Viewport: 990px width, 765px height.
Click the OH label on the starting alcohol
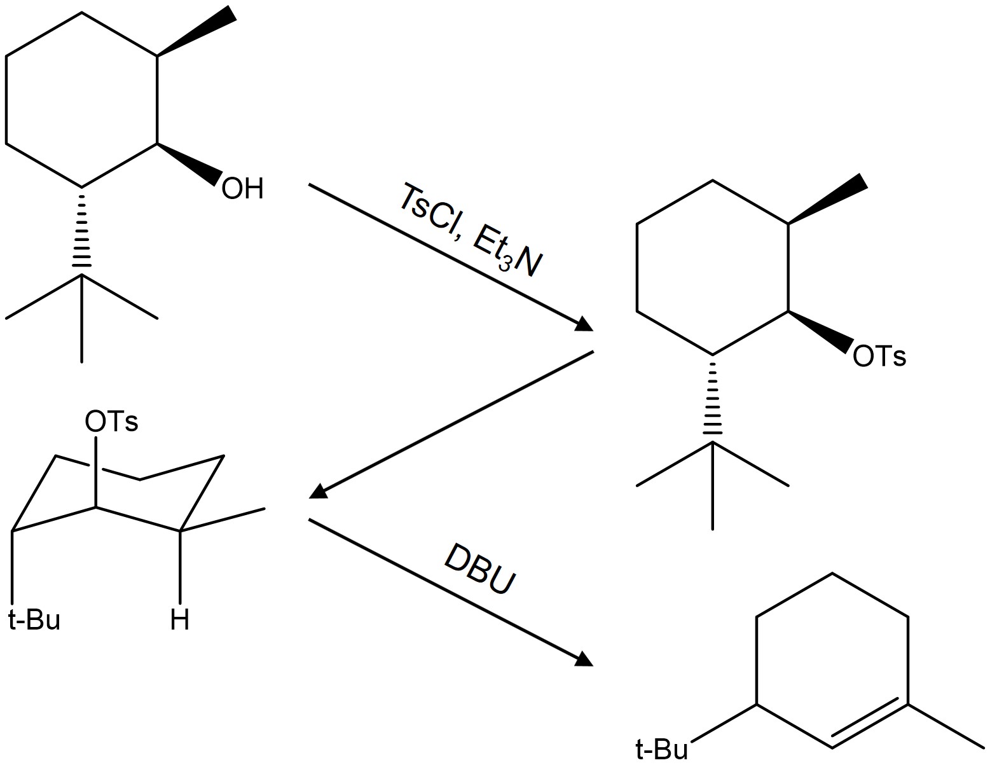242,189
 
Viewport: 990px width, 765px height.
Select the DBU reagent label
479,569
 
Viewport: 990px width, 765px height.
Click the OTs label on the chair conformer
111,422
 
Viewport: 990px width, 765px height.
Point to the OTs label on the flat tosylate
879,356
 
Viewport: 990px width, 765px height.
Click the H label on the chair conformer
180,619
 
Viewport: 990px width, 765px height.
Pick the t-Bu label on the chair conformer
34,619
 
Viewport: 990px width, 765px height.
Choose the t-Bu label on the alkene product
661,750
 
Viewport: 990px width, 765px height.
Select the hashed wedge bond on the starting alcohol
81,230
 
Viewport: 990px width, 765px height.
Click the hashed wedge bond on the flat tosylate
712,398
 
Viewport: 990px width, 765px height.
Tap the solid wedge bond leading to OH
189,164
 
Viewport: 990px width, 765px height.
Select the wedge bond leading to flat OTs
819,331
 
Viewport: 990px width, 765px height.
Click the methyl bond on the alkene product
945,726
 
